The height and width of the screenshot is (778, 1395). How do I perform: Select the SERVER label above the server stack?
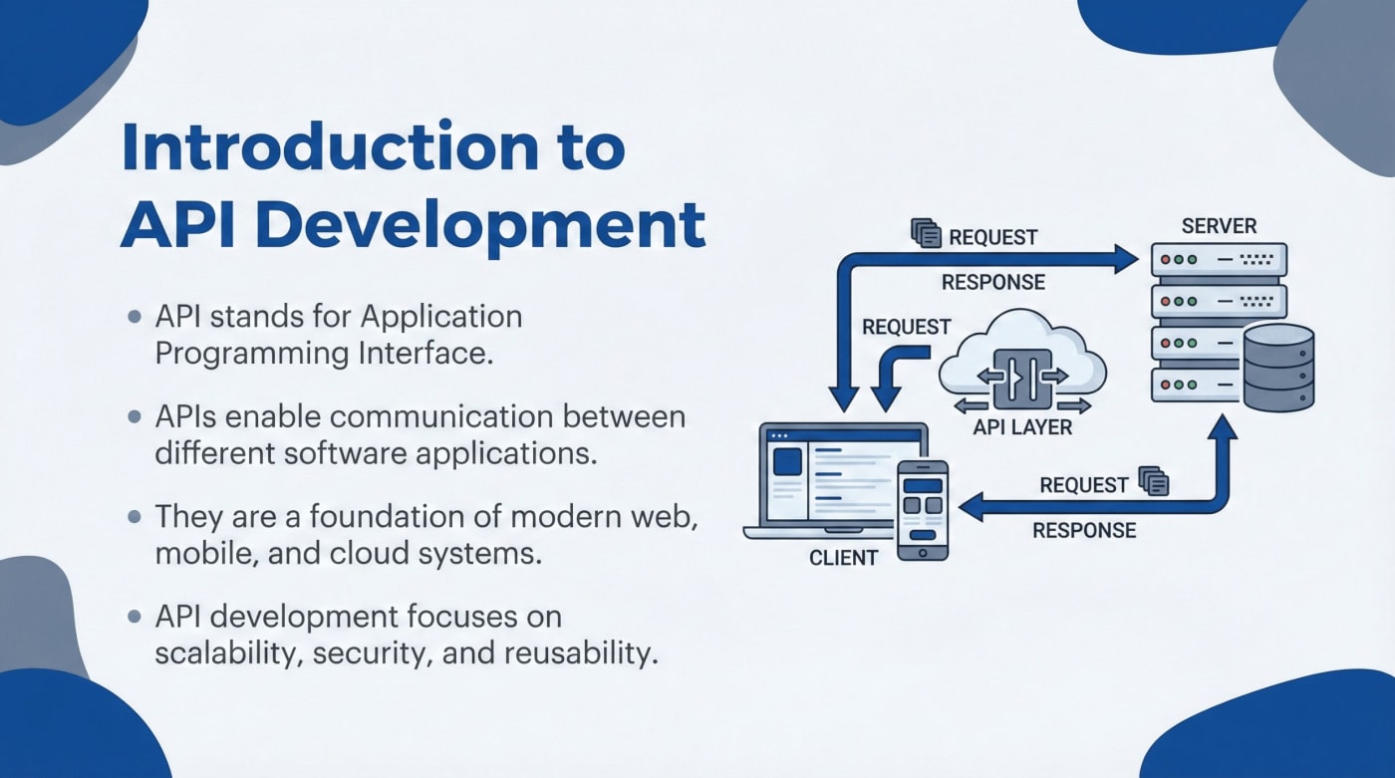click(1219, 225)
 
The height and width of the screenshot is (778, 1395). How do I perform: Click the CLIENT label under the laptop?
click(843, 558)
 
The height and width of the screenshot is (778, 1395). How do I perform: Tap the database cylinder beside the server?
click(1277, 367)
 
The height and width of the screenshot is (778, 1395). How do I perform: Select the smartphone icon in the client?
click(922, 508)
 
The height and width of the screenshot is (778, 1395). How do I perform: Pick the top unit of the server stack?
click(1219, 259)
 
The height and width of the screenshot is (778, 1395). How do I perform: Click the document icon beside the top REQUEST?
click(927, 234)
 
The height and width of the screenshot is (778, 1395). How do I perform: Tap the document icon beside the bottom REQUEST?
click(1154, 482)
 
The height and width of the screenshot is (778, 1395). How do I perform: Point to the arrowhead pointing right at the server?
click(1128, 260)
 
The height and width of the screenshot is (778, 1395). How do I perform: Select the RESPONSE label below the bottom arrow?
click(1083, 530)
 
